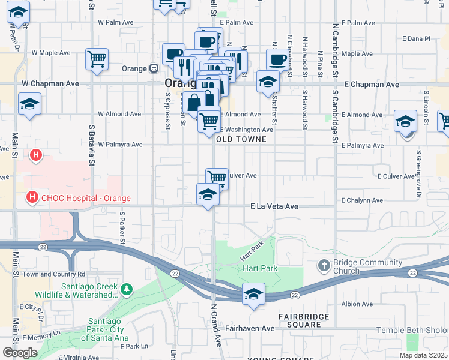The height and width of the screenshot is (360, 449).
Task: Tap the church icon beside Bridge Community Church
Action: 324,265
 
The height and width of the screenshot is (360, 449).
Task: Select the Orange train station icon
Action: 154,68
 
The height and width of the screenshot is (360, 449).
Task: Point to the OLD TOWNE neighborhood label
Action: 240,139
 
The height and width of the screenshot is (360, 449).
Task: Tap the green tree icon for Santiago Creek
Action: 126,290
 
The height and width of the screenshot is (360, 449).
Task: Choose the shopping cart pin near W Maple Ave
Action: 97,59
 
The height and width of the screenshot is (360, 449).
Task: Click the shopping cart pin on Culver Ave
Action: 217,178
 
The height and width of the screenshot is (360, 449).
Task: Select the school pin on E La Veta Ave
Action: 208,194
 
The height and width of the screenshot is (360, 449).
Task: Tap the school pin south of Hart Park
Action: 254,294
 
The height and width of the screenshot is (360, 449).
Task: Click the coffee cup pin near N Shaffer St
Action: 277,59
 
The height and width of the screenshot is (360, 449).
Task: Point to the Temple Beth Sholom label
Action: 412,330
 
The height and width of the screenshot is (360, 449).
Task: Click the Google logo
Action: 19,353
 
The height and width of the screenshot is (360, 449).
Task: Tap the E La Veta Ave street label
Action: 274,206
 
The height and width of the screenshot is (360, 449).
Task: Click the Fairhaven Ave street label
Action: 250,328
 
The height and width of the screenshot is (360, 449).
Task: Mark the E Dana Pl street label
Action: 418,38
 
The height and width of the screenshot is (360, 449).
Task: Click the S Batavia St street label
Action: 92,144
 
